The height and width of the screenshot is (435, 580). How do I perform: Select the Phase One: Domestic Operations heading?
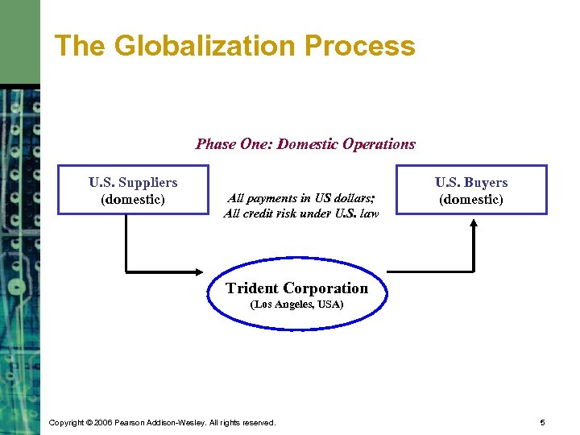pyautogui.click(x=305, y=144)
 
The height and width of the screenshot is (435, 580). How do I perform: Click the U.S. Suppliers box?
pyautogui.click(x=133, y=190)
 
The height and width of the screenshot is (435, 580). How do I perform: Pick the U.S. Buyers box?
pyautogui.click(x=471, y=190)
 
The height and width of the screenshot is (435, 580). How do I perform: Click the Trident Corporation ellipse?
pyautogui.click(x=296, y=295)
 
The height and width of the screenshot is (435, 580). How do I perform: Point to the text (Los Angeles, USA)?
pyautogui.click(x=297, y=305)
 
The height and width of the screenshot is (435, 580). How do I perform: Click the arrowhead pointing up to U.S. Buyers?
pyautogui.click(x=474, y=222)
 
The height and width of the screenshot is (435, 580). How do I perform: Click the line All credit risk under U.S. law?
pyautogui.click(x=300, y=213)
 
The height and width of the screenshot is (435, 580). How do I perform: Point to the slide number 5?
pyautogui.click(x=543, y=422)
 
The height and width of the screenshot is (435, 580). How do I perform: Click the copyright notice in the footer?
pyautogui.click(x=162, y=422)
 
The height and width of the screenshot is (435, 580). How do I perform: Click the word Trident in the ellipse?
pyautogui.click(x=251, y=288)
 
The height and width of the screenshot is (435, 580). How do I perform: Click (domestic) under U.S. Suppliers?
pyautogui.click(x=133, y=199)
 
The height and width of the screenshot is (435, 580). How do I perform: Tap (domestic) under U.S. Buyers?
pyautogui.click(x=471, y=199)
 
